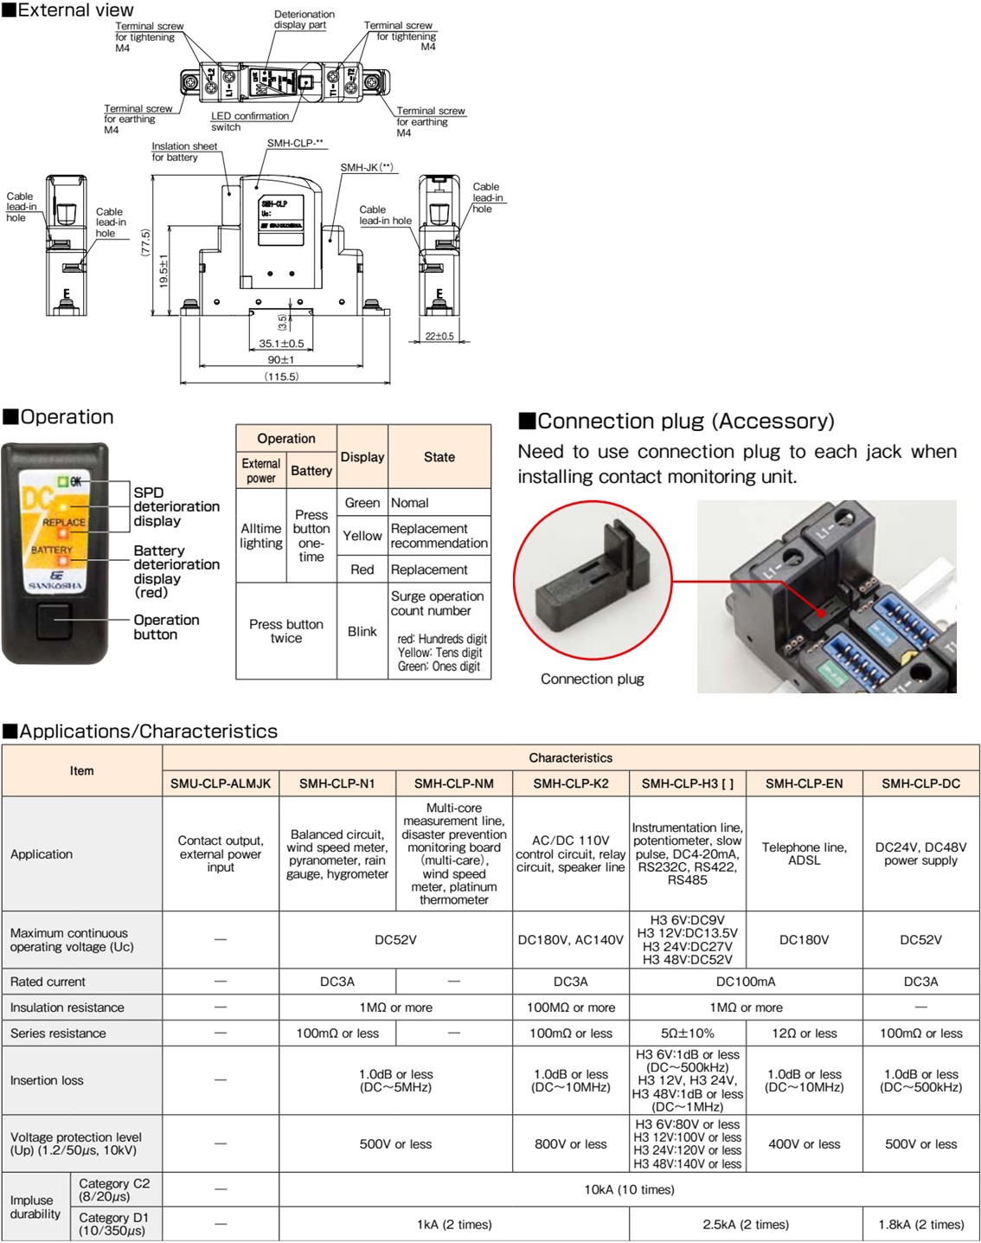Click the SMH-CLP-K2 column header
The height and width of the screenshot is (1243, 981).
pos(571,783)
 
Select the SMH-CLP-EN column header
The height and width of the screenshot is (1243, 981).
pos(804,783)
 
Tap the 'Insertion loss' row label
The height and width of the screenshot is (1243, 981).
pos(47,1080)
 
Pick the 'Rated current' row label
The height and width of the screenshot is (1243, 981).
pos(48,982)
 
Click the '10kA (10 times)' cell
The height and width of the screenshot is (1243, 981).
pos(629,1189)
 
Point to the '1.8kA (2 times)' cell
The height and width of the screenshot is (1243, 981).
pos(920,1224)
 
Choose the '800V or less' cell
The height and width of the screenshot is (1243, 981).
pos(571,1143)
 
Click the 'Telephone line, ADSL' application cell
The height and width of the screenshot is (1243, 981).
pos(804,853)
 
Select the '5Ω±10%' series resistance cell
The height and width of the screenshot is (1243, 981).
pos(688,1033)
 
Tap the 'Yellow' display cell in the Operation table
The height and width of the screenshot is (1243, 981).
pos(362,536)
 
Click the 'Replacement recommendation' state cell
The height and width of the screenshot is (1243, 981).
pos(439,536)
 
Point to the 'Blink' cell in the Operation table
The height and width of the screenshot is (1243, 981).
pos(362,631)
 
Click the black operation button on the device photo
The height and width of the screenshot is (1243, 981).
pos(54,621)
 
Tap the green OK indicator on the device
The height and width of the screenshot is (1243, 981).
pos(63,481)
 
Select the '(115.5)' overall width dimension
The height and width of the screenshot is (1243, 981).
pos(282,377)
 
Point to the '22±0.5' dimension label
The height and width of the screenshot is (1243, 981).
pos(439,337)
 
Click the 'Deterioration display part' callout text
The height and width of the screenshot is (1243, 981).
pos(304,20)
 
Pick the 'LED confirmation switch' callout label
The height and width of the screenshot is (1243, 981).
pos(249,121)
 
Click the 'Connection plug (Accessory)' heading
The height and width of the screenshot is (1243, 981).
pos(676,422)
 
